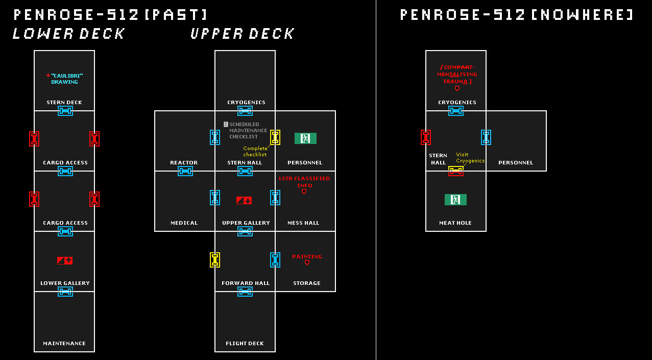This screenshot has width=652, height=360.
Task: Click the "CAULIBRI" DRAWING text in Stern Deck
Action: click(x=66, y=79)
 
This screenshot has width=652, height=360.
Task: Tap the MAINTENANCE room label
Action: click(x=64, y=343)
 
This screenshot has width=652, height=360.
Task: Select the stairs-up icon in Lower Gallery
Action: click(x=64, y=260)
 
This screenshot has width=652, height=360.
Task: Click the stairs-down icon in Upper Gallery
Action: click(x=244, y=200)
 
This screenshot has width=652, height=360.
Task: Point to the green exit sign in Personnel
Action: click(x=305, y=138)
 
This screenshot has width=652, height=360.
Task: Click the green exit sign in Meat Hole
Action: click(x=455, y=199)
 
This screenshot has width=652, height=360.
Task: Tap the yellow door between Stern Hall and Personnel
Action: click(x=275, y=137)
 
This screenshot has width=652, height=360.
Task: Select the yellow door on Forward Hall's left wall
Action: click(x=215, y=259)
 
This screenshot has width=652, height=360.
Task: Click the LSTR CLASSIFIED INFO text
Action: click(x=304, y=182)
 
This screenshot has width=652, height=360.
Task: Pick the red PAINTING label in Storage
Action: click(x=307, y=256)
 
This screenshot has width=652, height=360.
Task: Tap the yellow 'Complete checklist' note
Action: click(x=255, y=151)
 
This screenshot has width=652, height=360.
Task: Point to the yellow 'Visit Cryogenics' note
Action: click(x=470, y=157)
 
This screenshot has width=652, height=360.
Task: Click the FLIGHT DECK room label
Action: click(x=245, y=343)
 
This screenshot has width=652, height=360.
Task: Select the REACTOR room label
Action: click(x=184, y=162)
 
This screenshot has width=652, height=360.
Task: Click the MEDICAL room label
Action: click(x=184, y=223)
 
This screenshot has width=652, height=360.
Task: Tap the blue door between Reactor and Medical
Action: click(x=185, y=171)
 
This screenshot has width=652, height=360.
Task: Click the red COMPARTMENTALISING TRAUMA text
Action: click(x=457, y=75)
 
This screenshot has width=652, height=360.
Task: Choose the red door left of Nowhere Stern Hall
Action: click(x=426, y=137)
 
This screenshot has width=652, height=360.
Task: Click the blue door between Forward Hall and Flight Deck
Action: click(x=245, y=292)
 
